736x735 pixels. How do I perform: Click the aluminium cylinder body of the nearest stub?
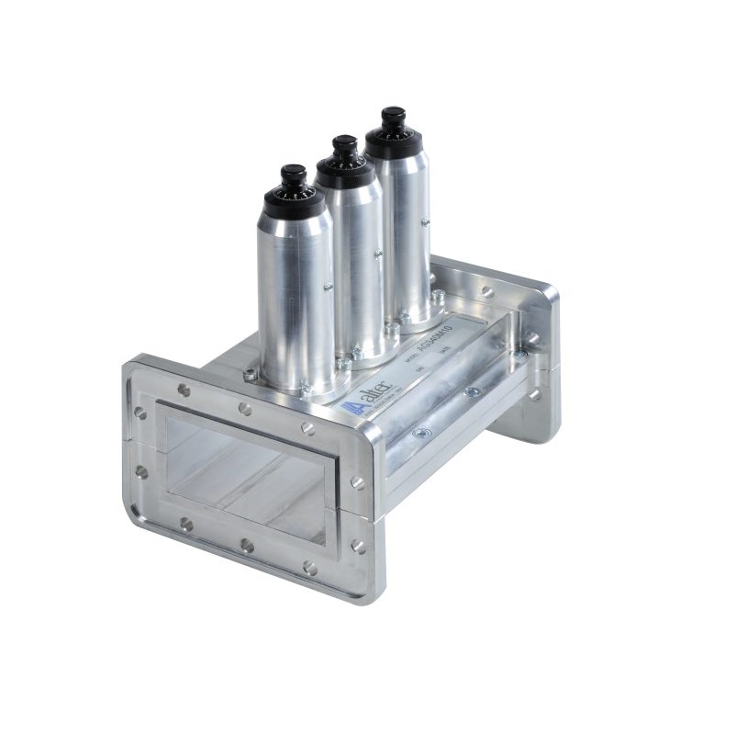tap(296, 294)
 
